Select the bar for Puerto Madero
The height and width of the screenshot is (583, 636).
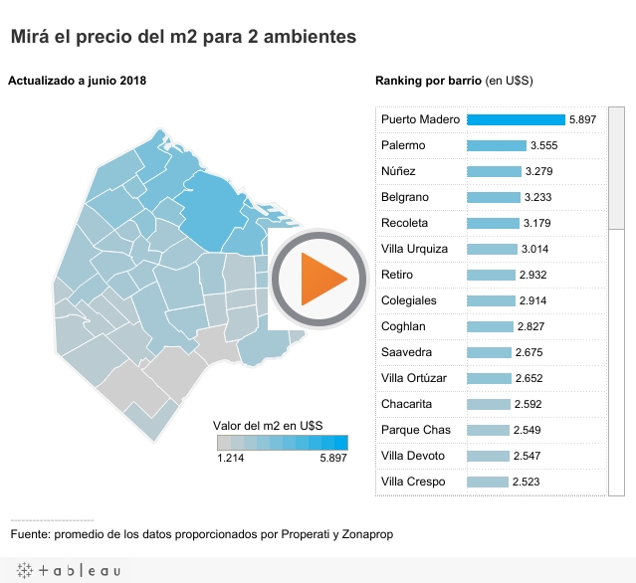(516, 119)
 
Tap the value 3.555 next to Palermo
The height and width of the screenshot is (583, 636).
(544, 145)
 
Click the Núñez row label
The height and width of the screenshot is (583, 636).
(398, 171)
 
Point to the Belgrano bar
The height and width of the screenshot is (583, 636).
(494, 197)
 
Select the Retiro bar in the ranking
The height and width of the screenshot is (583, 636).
(491, 275)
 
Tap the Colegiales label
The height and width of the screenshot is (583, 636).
(408, 300)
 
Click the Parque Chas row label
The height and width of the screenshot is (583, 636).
(415, 430)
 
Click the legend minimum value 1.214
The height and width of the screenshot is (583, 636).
(231, 458)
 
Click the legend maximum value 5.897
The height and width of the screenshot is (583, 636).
(333, 458)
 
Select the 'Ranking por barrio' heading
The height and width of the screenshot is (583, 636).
(428, 81)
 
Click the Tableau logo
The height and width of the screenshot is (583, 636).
(67, 571)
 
